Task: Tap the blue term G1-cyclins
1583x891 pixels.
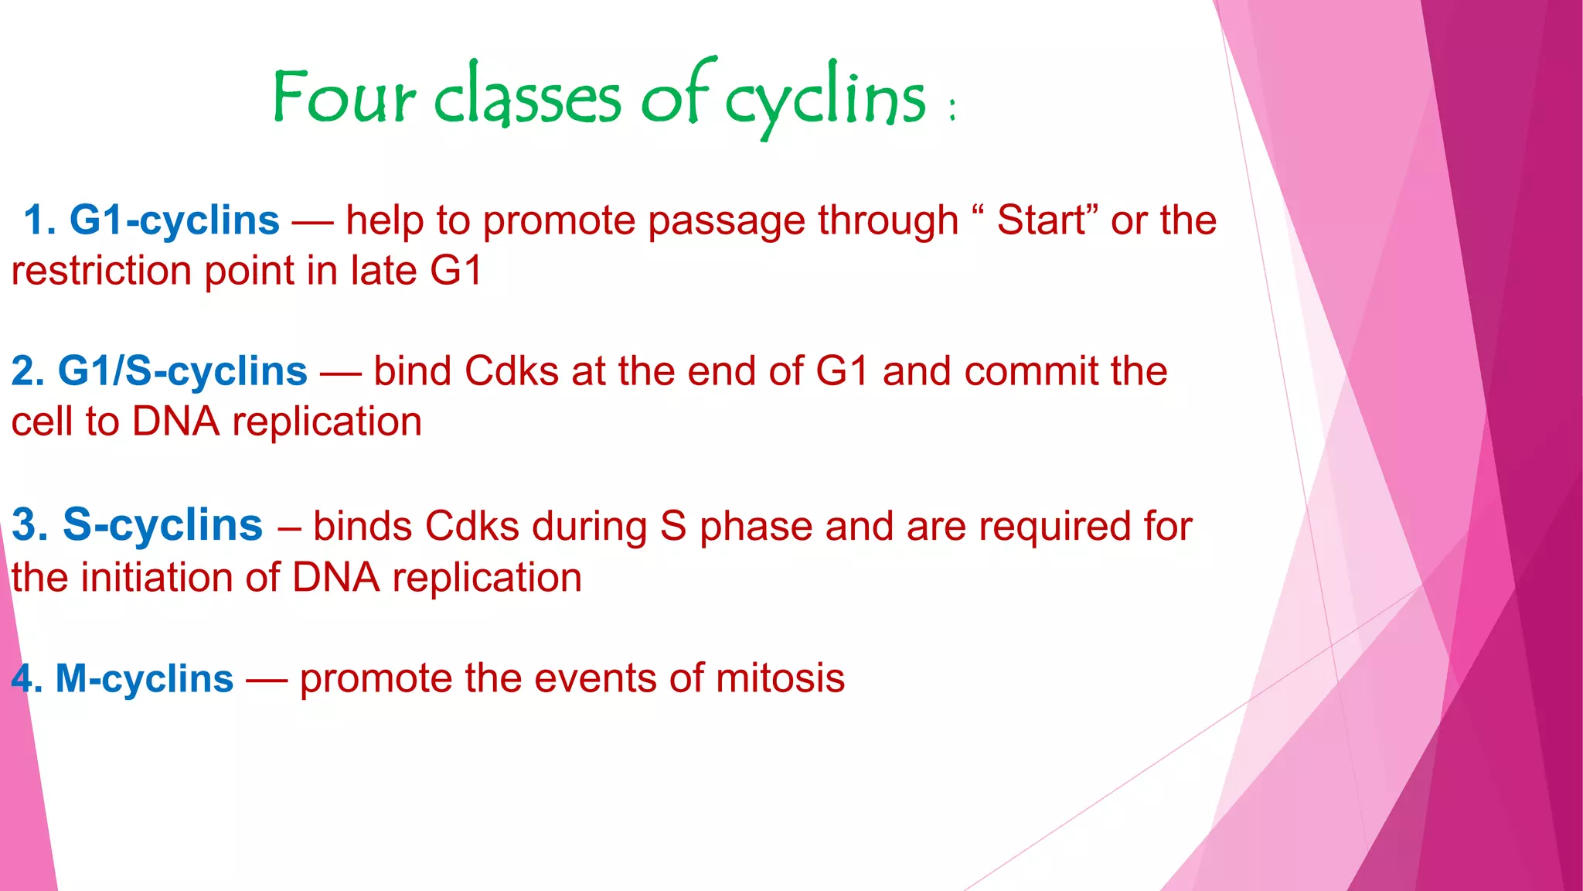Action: [174, 220]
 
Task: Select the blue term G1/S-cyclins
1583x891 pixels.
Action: [182, 371]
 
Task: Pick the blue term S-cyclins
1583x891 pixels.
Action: [162, 525]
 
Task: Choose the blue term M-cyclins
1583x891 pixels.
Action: [144, 679]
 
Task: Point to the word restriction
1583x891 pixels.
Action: [100, 271]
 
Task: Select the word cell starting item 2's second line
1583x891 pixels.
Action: [42, 422]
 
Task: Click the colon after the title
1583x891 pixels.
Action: [952, 109]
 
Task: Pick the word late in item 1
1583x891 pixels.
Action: [383, 271]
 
